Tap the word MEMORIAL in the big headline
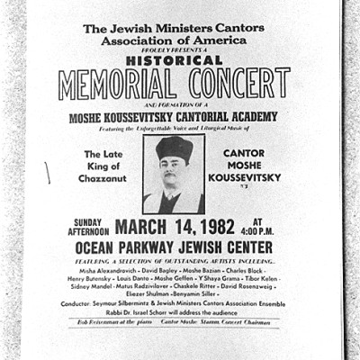[112, 83]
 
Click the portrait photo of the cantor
[174, 174]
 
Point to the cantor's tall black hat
[175, 148]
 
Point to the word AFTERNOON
[90, 231]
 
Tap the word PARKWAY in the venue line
[172, 247]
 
